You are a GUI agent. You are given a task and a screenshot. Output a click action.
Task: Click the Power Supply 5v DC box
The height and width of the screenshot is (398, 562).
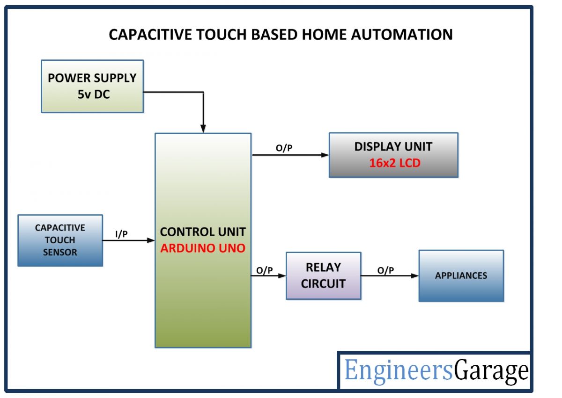click(x=92, y=86)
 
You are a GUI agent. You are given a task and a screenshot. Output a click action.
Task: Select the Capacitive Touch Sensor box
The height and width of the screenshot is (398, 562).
click(x=60, y=240)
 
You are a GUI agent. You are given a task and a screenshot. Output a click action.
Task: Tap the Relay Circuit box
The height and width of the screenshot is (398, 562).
click(x=323, y=275)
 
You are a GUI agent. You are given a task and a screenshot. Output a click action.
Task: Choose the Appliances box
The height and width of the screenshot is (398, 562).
click(x=461, y=275)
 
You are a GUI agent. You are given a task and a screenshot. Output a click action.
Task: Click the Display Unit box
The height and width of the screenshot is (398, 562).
click(x=393, y=155)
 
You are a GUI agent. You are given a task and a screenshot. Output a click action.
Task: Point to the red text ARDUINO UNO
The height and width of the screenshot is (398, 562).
click(x=202, y=248)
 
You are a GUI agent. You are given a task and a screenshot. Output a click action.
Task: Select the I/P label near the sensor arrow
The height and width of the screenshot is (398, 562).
click(x=121, y=234)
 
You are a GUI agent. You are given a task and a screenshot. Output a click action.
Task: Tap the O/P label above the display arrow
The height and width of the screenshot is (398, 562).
click(x=284, y=148)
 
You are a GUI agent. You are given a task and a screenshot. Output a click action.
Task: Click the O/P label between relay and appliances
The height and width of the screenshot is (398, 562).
click(x=385, y=270)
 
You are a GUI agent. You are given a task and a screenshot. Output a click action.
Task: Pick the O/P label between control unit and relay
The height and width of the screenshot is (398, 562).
click(x=265, y=270)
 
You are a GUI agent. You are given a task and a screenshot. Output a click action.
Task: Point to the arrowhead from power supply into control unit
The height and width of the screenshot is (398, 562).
click(x=203, y=129)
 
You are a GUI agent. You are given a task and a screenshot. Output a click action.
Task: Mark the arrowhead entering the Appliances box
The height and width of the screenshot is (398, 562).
click(x=415, y=276)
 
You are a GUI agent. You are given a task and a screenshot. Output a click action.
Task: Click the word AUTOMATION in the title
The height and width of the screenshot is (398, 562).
click(x=399, y=35)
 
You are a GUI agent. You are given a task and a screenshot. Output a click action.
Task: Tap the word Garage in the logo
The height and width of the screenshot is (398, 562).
click(x=491, y=371)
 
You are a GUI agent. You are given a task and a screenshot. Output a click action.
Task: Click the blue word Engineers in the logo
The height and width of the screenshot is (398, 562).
click(x=399, y=371)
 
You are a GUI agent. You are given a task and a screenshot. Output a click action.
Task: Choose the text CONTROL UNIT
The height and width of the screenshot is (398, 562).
click(x=202, y=232)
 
